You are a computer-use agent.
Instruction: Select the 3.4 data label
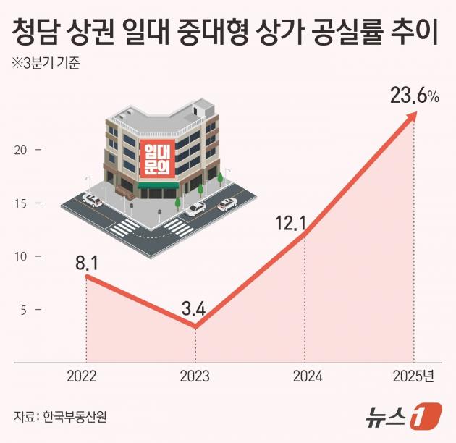pyautogui.click(x=194, y=310)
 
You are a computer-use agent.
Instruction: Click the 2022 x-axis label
pyautogui.click(x=83, y=376)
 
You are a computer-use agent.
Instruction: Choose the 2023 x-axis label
pyautogui.click(x=194, y=376)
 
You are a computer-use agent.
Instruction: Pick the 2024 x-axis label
pyautogui.click(x=307, y=376)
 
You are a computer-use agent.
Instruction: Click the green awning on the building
pyautogui.click(x=158, y=185)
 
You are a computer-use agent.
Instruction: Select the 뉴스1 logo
pyautogui.click(x=410, y=417)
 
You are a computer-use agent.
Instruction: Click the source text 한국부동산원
pyautogui.click(x=79, y=417)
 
